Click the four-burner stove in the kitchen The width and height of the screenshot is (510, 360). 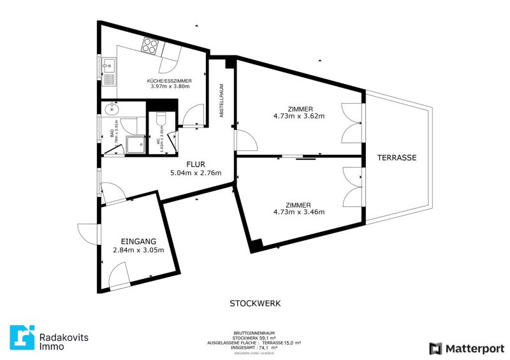pos(150,46)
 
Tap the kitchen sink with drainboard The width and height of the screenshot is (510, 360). pos(108,71)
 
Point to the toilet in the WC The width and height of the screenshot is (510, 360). pos(161,118)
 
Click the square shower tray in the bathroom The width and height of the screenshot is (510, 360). pos(135,145)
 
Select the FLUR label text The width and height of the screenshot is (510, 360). pos(195,164)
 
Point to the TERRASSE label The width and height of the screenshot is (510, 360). pos(396,157)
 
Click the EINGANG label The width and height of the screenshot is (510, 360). pos(138,241)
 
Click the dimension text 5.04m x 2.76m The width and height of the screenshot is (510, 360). pos(195,173)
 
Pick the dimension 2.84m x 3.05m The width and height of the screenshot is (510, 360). pos(138,250)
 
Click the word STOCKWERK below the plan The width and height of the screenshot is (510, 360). pos(255,304)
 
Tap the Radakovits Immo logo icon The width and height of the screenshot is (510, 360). pos(22,338)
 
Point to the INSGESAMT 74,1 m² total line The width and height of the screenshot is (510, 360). pos(255,347)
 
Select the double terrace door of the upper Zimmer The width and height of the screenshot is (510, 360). pos(353,123)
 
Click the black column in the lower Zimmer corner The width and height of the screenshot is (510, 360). pos(256,245)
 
